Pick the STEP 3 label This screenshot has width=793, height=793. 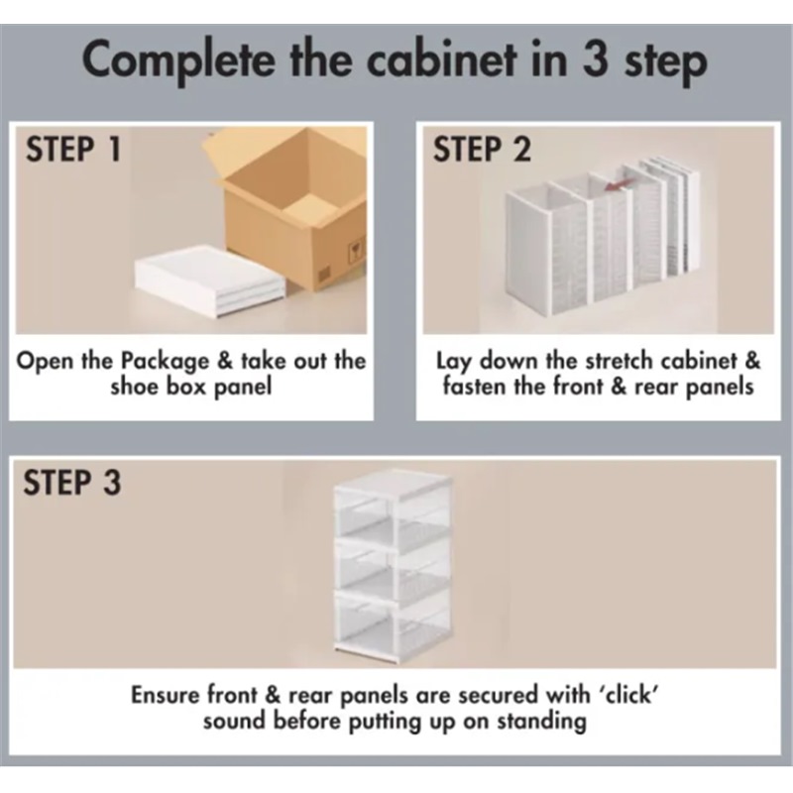72,482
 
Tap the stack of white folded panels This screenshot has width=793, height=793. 209,281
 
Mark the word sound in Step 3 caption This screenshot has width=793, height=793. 235,722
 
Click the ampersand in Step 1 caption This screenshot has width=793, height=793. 225,362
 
